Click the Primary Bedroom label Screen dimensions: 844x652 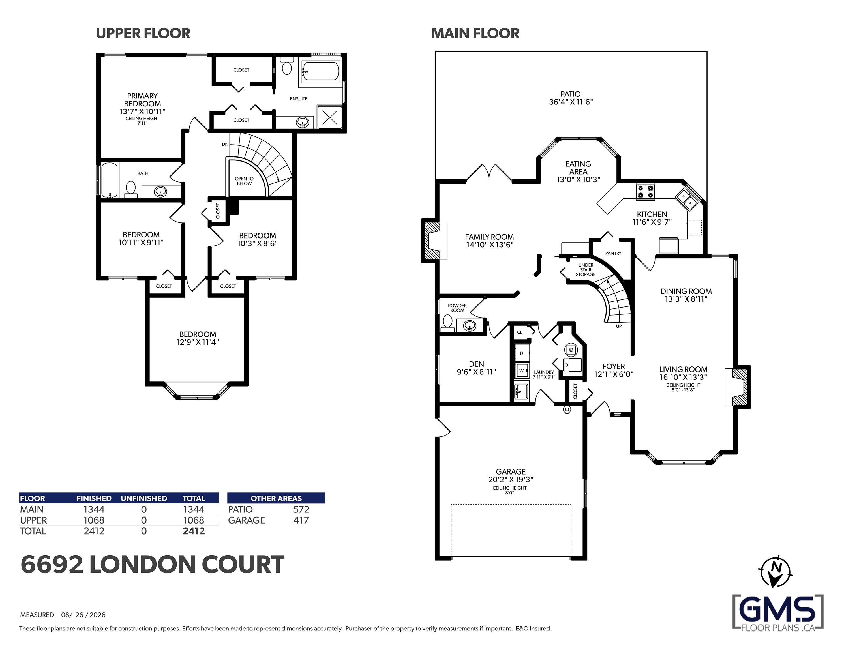pyautogui.click(x=142, y=100)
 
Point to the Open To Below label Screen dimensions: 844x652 pyautogui.click(x=244, y=181)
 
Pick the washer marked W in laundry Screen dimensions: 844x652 pyautogui.click(x=522, y=370)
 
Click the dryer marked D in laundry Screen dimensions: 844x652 pyautogui.click(x=522, y=353)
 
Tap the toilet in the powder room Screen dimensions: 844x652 pyautogui.click(x=447, y=323)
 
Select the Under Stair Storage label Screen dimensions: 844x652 pyautogui.click(x=586, y=270)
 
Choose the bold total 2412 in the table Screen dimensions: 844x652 pyautogui.click(x=194, y=531)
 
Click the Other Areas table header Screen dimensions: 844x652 pyautogui.click(x=276, y=498)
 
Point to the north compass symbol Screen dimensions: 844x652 pyautogui.click(x=775, y=571)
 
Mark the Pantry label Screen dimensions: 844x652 pyautogui.click(x=613, y=254)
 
